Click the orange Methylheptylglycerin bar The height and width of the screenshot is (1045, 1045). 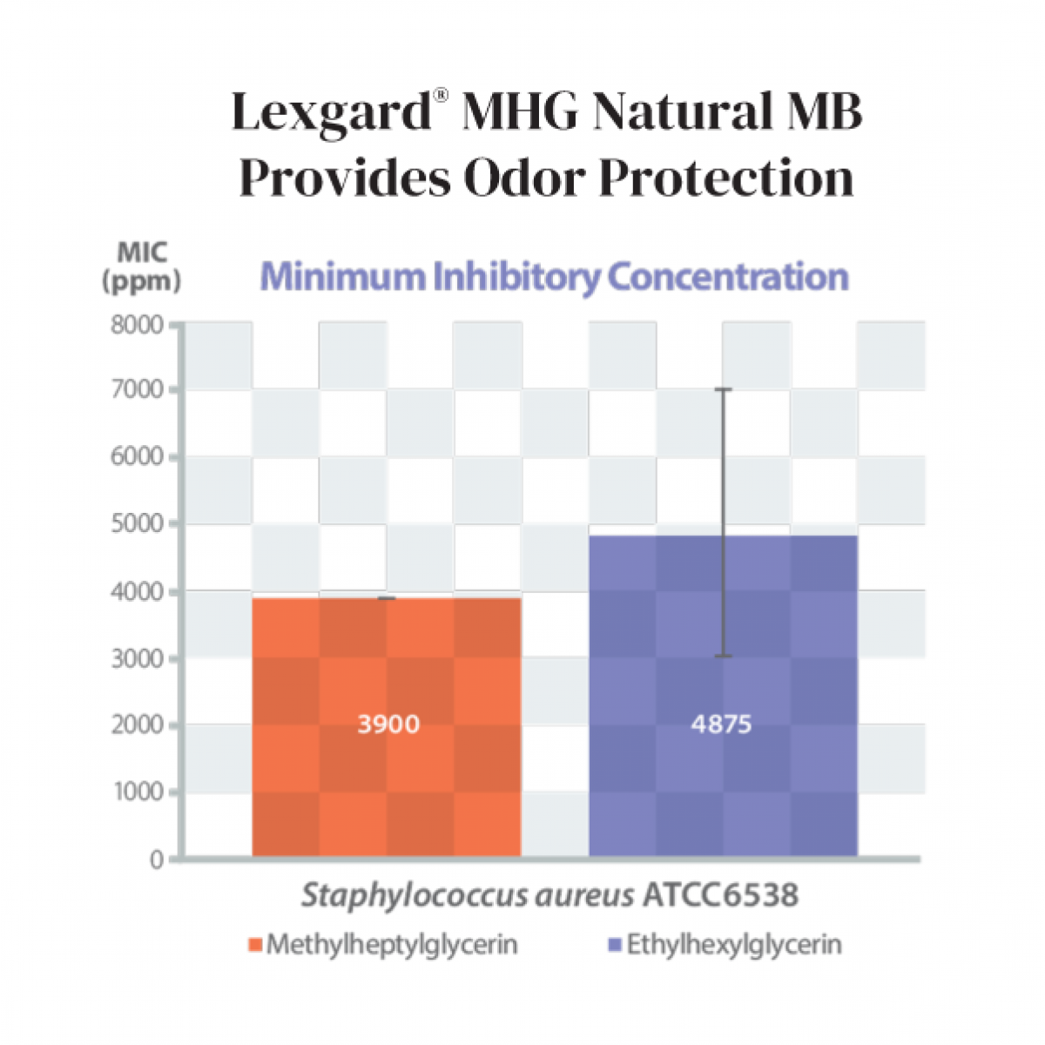coord(387,662)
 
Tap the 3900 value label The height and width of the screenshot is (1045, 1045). coord(388,725)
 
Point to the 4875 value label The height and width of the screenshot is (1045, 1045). coord(721,725)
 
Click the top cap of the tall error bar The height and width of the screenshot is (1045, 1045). coord(723,389)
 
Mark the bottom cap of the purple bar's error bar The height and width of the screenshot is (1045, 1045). coord(723,656)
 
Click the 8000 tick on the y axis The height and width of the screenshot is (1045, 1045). coord(138,325)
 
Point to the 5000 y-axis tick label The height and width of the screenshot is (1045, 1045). coord(138,523)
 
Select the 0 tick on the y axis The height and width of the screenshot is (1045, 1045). coord(157,860)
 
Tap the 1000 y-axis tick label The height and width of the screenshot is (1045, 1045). coord(138,792)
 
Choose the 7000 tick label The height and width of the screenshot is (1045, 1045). coord(138,389)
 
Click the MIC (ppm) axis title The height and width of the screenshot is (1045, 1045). coord(142,267)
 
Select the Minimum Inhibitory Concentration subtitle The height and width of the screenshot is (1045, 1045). coord(555,277)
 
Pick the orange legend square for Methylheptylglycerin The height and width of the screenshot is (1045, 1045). coord(255,945)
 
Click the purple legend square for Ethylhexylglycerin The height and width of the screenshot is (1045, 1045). coord(615,945)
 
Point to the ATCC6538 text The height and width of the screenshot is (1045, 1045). coord(720,895)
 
